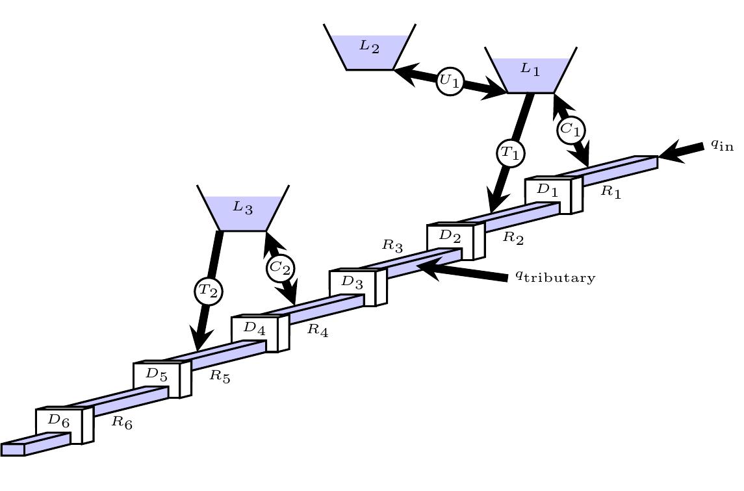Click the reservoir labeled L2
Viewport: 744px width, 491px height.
click(x=369, y=48)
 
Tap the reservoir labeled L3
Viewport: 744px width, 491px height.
click(x=242, y=209)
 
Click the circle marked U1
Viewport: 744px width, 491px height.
click(x=450, y=82)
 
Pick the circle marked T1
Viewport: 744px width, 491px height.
click(x=510, y=154)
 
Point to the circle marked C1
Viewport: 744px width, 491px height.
click(x=571, y=129)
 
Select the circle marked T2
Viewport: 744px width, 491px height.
click(x=208, y=292)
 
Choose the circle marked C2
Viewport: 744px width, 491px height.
click(x=280, y=267)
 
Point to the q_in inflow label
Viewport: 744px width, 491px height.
click(x=721, y=145)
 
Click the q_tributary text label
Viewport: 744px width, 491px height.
click(x=555, y=277)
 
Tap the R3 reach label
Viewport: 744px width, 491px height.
click(x=392, y=245)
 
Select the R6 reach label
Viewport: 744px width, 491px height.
click(x=122, y=422)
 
